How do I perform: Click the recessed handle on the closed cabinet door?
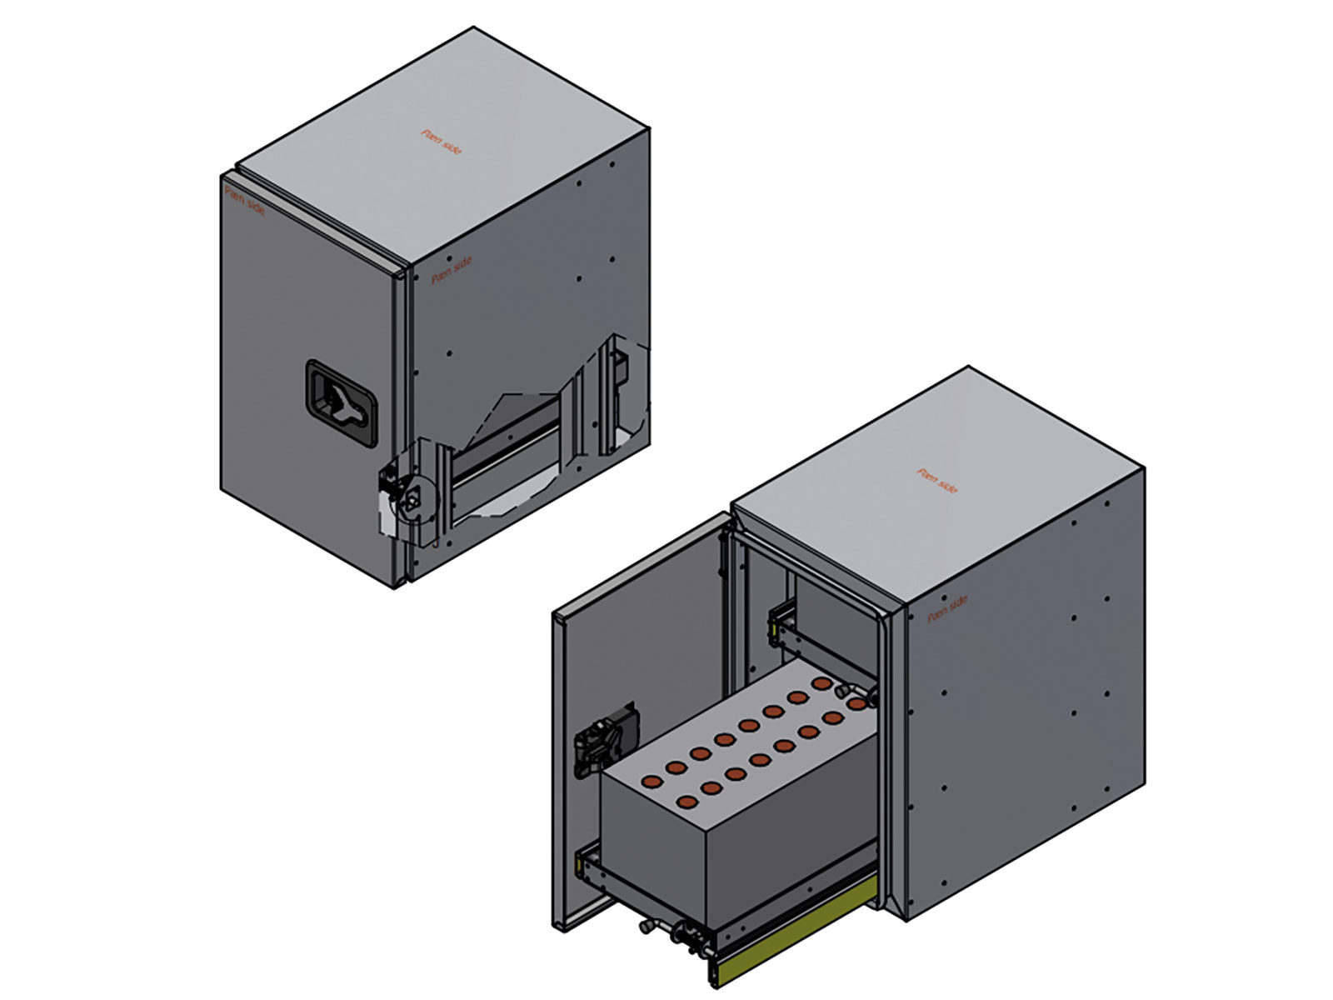[342, 401]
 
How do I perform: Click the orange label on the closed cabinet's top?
[442, 142]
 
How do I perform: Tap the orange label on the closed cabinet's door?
[245, 200]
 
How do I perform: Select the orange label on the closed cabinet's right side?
[452, 270]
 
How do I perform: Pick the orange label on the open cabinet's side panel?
[948, 608]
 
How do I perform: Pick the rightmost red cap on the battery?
[855, 705]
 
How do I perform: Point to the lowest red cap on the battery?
[687, 802]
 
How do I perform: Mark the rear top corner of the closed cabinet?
[474, 28]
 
